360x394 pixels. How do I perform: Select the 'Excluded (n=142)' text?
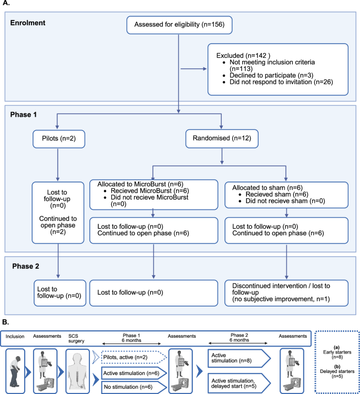241,55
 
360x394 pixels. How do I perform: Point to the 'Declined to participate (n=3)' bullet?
259,76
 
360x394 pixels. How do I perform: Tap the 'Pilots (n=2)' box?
57,139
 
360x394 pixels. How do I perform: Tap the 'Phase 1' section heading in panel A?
24,114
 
